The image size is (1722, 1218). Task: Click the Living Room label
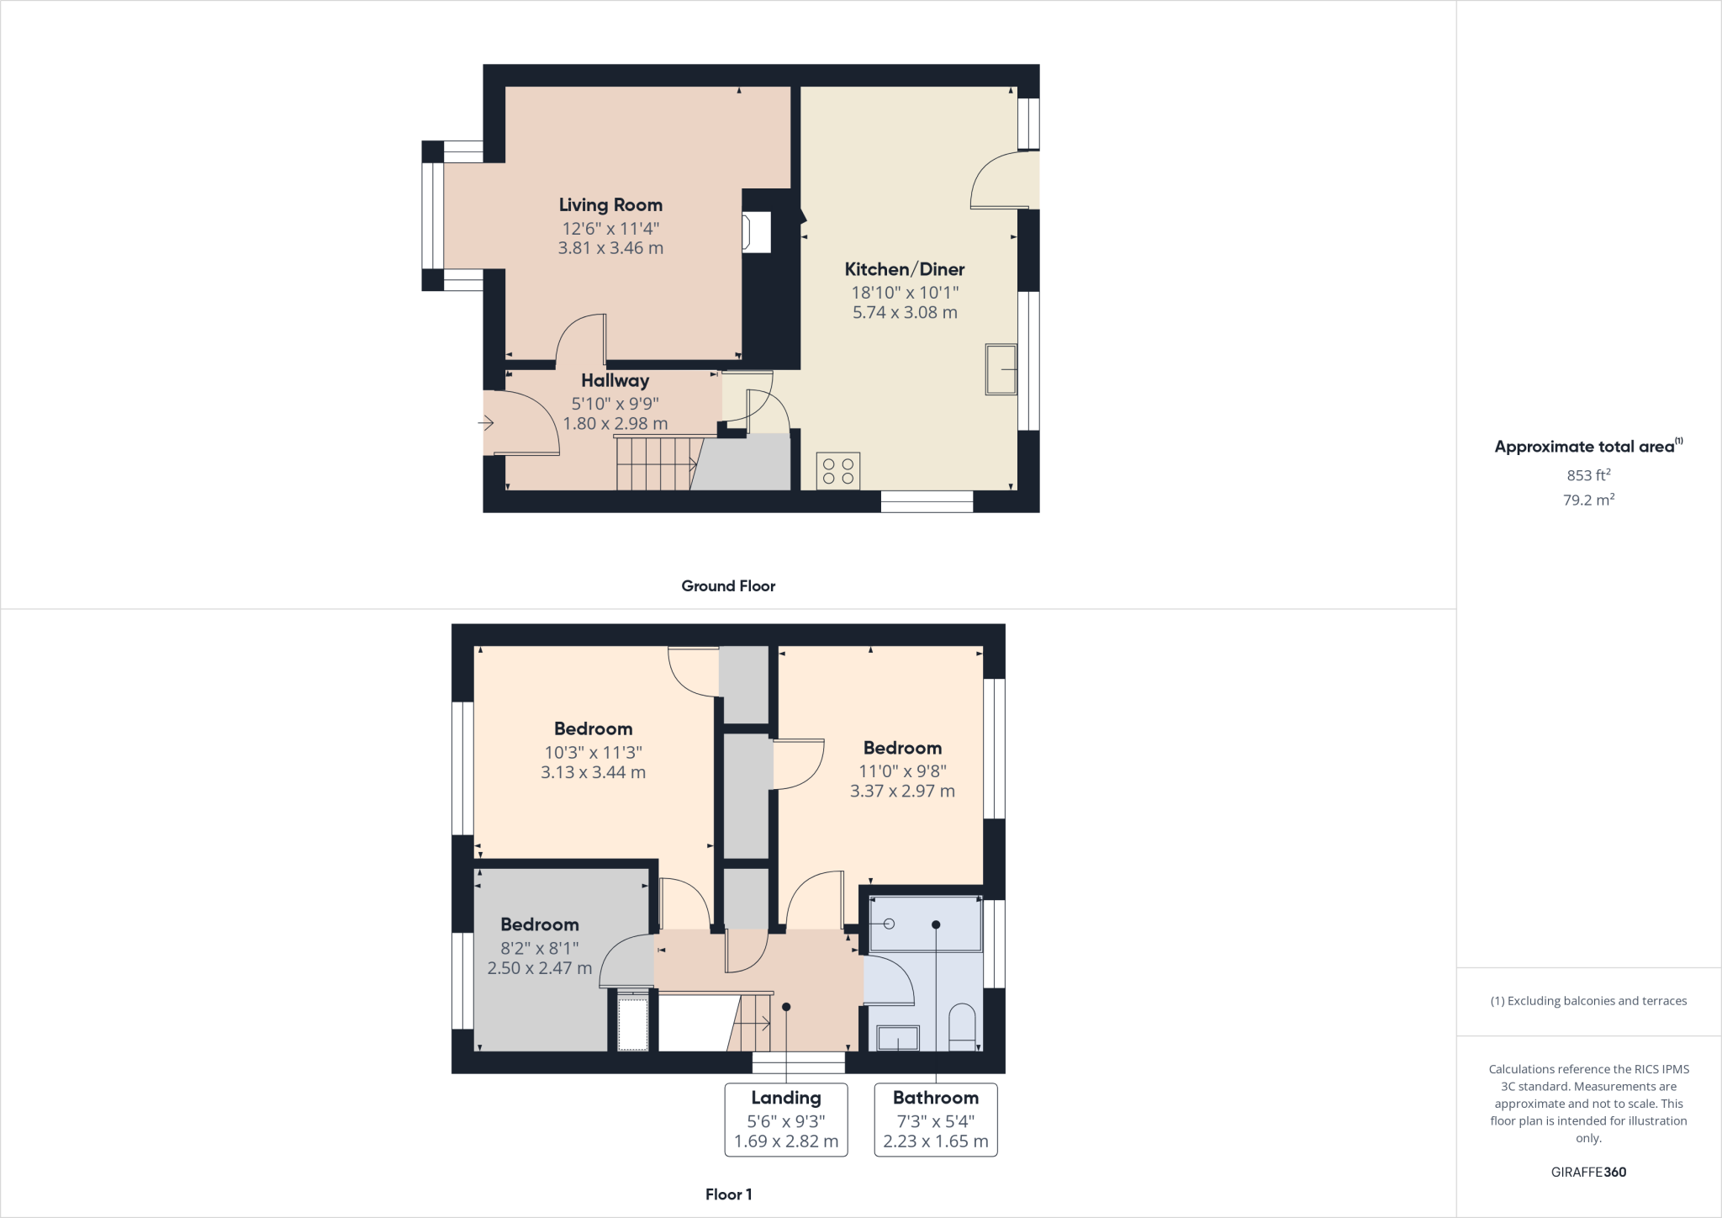coord(610,205)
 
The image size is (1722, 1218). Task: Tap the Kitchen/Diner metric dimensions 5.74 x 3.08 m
coord(905,312)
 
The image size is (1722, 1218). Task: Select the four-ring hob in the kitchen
coord(837,471)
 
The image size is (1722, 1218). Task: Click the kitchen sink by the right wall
coord(1001,369)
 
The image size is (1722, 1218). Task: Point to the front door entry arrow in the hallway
coord(487,423)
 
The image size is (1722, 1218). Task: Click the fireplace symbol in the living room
coord(755,232)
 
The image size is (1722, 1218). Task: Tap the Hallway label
coord(615,381)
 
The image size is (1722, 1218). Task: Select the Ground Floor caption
coord(728,586)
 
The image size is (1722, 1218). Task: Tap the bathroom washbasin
coord(898,1038)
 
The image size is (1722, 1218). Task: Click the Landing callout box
coord(786,1120)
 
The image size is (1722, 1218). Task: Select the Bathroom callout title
coord(935,1098)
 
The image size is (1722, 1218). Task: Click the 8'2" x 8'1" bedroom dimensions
coord(540,948)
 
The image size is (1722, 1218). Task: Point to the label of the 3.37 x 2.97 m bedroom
coord(902,749)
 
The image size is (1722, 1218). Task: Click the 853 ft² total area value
coord(1588,475)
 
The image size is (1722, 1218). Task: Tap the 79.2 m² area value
coord(1588,500)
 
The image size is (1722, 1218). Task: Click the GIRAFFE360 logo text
coord(1588,1172)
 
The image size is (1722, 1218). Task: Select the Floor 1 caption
coord(728,1194)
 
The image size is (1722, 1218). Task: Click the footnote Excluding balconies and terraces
coord(1588,1001)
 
